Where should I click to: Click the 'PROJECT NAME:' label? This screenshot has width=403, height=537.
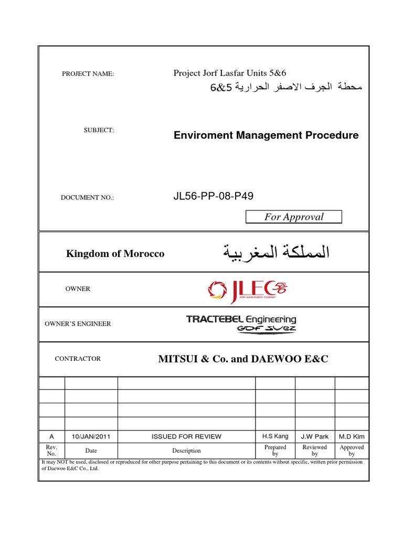[88, 74]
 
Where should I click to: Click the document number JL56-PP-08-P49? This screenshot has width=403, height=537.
[209, 197]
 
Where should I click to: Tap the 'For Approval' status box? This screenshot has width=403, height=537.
[294, 217]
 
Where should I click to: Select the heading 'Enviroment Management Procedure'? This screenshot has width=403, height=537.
[266, 135]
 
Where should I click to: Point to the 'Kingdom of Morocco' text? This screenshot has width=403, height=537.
[115, 254]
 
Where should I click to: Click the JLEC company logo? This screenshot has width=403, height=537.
[248, 290]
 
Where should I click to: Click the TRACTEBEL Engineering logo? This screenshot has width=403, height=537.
[241, 323]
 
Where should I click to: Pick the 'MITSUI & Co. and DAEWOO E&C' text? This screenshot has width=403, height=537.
[243, 359]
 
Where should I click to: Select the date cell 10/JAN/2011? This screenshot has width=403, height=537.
[91, 436]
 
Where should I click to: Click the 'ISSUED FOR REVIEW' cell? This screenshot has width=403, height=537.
[186, 436]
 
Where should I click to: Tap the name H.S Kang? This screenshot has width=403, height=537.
[275, 436]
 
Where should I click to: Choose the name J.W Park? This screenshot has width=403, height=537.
[315, 436]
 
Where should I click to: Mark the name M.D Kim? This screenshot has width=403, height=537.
[352, 436]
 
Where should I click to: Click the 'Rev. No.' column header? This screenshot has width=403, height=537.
[51, 450]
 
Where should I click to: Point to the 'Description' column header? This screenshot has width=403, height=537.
[186, 450]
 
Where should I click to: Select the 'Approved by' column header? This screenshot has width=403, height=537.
[352, 450]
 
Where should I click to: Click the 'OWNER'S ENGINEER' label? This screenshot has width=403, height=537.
[79, 324]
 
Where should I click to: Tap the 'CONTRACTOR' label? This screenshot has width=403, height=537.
[78, 359]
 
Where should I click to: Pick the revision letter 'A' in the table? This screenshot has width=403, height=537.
[51, 436]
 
